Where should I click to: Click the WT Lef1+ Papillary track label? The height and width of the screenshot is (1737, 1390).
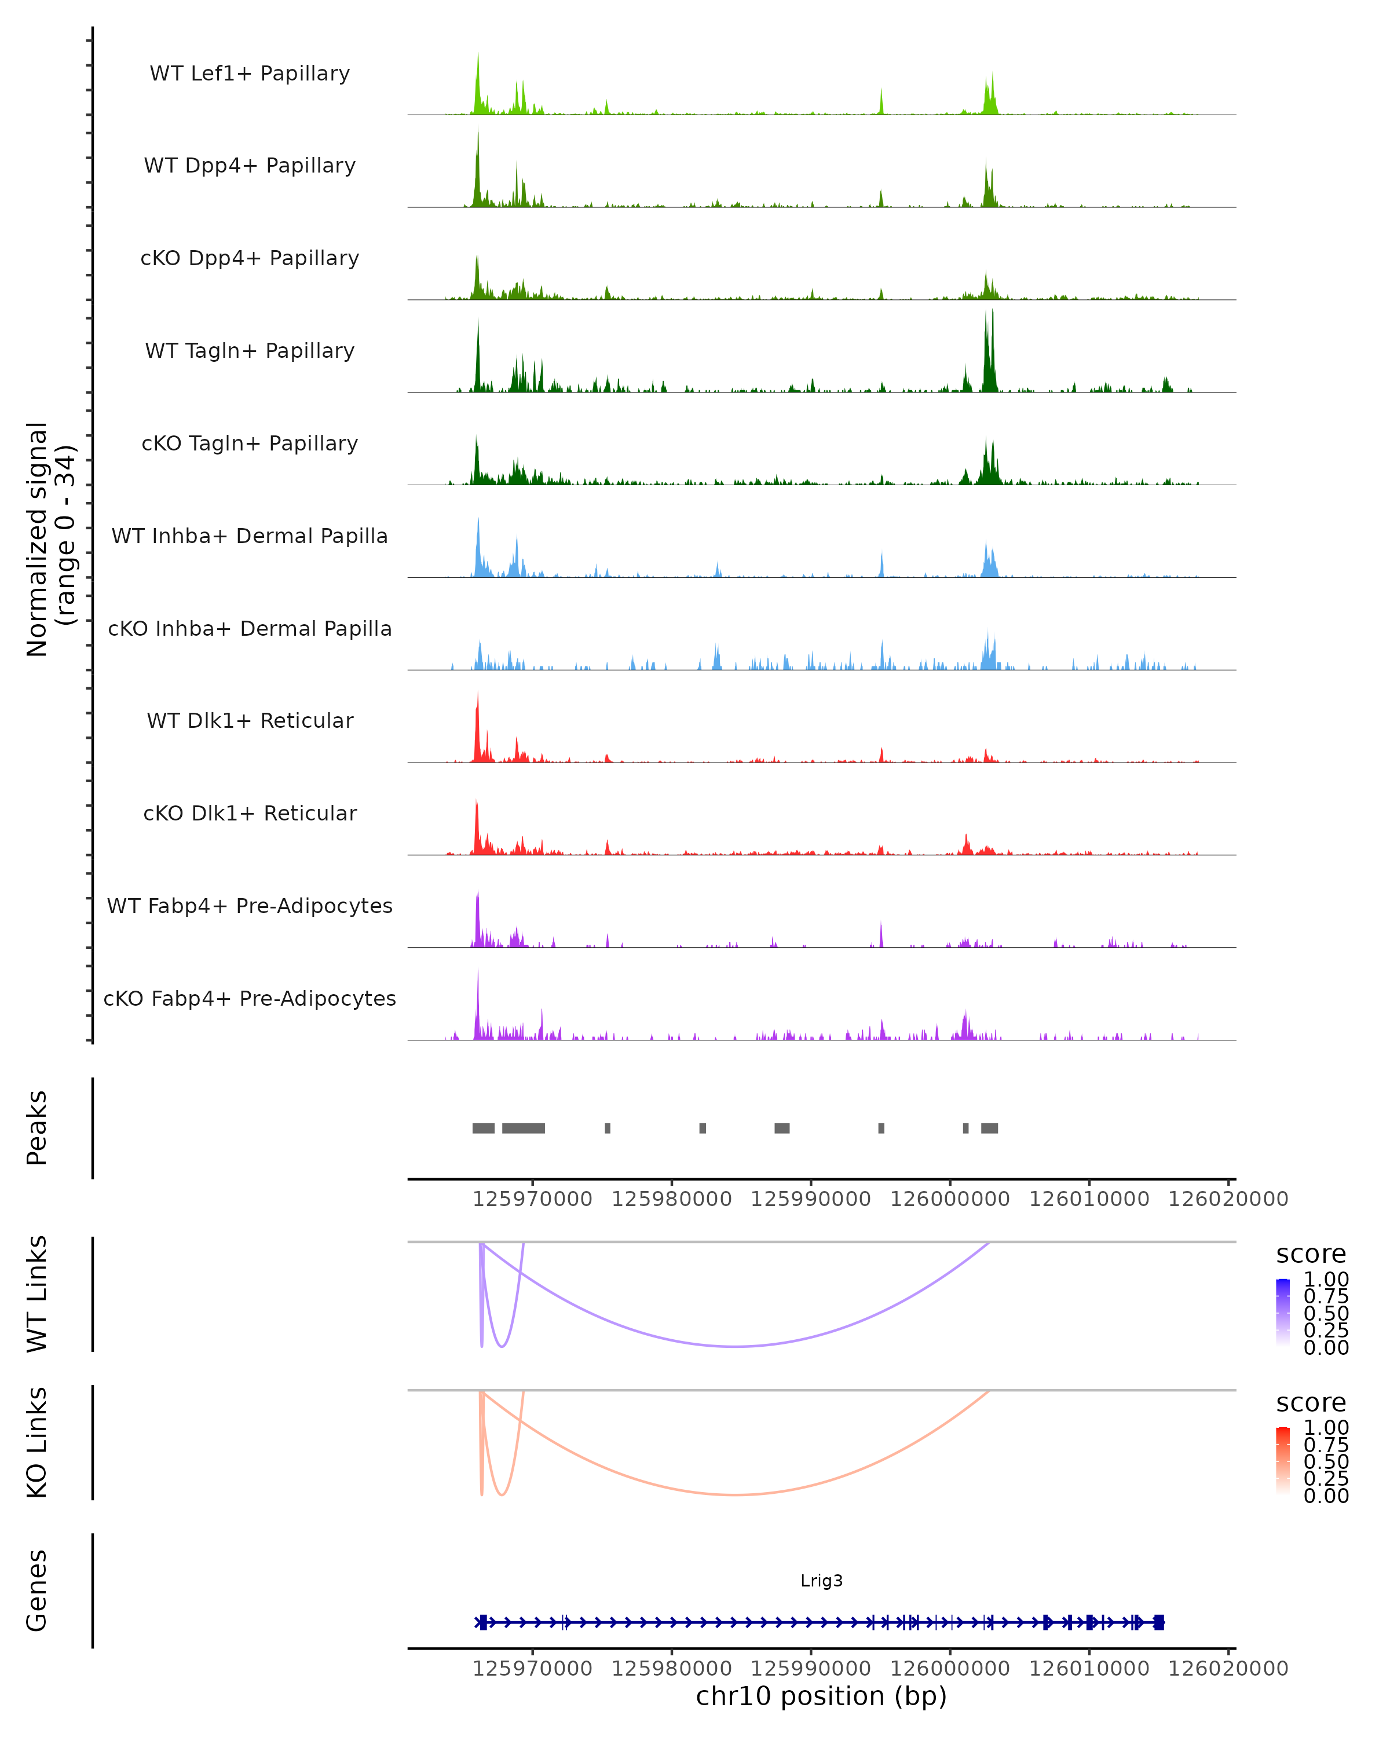(250, 74)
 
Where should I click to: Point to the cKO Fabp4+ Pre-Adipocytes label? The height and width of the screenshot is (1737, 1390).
(250, 998)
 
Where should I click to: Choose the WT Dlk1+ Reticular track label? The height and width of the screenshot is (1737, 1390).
(250, 720)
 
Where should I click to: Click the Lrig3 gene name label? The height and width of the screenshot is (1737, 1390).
(821, 1580)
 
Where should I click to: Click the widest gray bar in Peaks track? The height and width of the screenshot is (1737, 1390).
(523, 1128)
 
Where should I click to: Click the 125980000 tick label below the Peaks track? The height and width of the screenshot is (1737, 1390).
(671, 1199)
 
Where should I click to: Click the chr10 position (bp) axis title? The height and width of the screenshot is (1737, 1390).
(821, 1696)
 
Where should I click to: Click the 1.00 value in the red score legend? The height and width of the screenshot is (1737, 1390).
(1326, 1428)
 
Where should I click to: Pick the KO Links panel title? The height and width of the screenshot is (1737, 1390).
(37, 1442)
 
